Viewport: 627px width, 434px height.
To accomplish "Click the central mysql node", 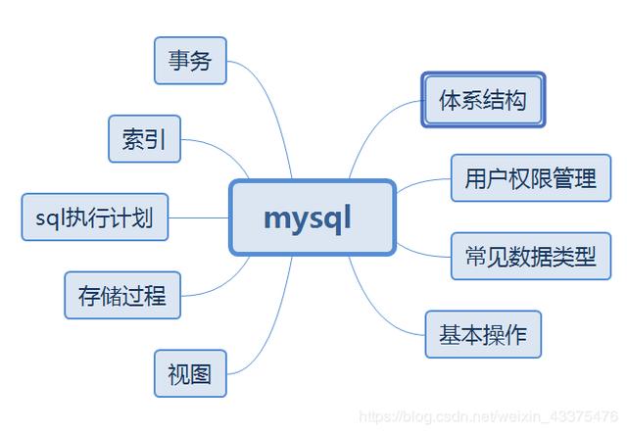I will pos(313,217).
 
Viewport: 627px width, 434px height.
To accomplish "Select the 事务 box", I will pos(190,61).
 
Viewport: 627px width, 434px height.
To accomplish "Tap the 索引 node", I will pos(144,139).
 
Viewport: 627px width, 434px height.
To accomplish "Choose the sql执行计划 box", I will pos(94,217).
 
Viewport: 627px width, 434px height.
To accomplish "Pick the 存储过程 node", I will pos(122,295).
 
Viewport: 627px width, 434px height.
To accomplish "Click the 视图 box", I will pos(190,373).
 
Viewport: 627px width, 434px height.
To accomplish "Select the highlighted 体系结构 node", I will pos(483,99).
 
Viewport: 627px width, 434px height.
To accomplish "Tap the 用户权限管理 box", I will pos(530,178).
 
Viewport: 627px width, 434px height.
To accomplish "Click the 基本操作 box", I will pos(483,334).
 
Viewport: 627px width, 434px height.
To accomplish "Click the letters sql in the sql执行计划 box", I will pos(44,217).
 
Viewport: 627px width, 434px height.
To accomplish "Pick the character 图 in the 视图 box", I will pos(202,373).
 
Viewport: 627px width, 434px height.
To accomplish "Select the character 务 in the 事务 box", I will pos(202,61).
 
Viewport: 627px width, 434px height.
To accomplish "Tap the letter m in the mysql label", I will pos(276,217).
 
